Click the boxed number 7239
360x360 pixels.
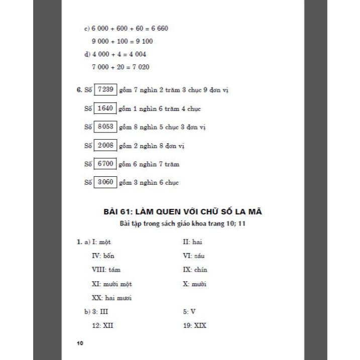pos(105,90)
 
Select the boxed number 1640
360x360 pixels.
pos(105,108)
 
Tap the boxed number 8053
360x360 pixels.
pos(105,127)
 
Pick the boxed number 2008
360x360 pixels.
pos(105,146)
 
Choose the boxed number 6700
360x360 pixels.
pos(105,164)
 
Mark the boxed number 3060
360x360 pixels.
pos(105,182)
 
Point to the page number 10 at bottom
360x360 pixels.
pos(80,343)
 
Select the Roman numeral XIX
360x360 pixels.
pos(199,325)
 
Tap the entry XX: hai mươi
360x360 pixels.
pos(111,298)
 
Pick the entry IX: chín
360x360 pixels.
pos(195,270)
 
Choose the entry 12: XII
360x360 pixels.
pos(102,325)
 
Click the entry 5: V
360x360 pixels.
pos(189,311)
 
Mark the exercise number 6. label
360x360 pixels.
pos(79,90)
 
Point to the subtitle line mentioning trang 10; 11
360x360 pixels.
pos(180,224)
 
